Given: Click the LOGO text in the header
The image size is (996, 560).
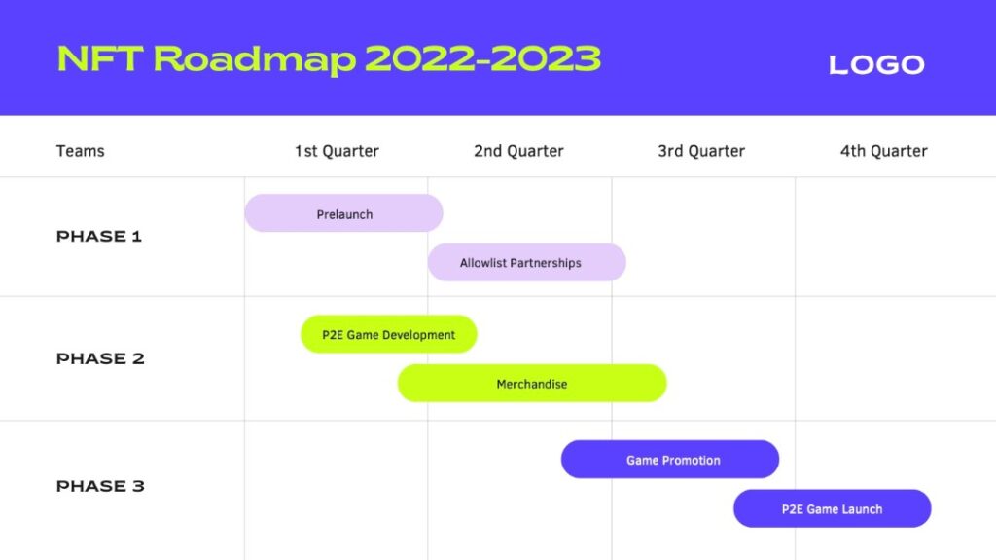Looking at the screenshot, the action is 876,64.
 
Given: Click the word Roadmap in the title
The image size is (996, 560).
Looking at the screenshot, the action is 254,60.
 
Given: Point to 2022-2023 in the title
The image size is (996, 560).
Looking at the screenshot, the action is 482,58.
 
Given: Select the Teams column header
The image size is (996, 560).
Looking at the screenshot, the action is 80,151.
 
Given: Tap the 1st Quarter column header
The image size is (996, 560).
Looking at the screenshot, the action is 337,151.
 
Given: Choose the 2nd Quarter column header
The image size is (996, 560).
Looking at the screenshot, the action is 518,151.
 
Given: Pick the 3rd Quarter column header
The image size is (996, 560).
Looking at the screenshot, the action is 701,151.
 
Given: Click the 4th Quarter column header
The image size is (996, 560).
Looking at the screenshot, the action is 883,151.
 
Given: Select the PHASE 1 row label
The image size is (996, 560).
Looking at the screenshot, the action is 99,236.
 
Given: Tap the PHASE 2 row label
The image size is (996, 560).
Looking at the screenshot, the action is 100,358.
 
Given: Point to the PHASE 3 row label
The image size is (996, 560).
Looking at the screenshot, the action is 100,486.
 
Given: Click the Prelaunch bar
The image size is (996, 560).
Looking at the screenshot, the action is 343,213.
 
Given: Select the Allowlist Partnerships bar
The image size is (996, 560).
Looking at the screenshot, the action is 526,262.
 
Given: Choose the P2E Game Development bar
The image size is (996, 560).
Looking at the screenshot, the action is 389,334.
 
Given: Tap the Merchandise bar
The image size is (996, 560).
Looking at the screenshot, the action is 532,383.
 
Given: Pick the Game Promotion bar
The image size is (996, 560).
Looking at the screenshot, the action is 670,460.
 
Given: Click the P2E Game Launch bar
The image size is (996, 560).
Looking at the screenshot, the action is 833,508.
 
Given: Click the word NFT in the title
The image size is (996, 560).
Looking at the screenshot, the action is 100,58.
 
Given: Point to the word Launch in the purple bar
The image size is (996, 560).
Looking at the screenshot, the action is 862,509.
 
